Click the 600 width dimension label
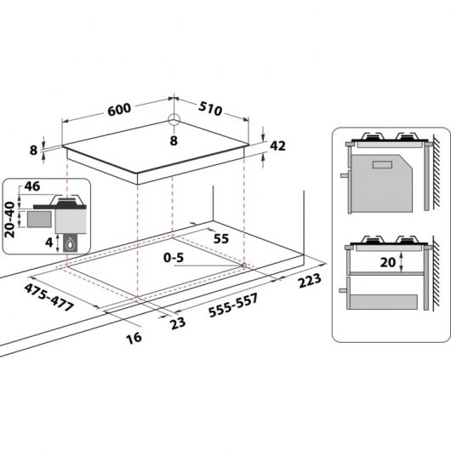119,111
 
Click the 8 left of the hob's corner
33,150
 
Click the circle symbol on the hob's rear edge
174,120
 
